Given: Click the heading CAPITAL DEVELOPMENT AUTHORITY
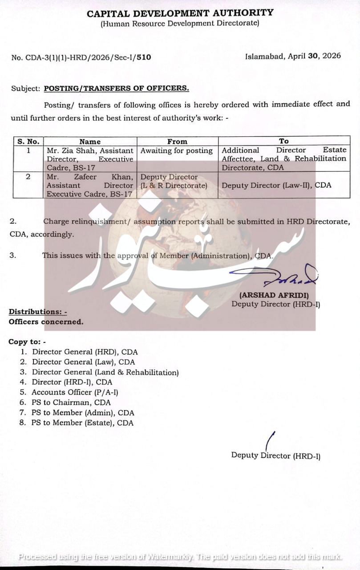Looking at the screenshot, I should click(x=180, y=13).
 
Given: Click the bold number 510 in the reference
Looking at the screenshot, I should click(x=144, y=57).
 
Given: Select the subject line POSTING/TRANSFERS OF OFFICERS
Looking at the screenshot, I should click(x=116, y=88).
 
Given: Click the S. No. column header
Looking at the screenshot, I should click(x=28, y=142).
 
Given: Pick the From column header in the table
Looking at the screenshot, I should click(x=177, y=142).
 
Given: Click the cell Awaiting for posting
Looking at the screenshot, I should click(x=177, y=151).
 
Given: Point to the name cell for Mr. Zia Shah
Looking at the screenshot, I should click(x=90, y=159).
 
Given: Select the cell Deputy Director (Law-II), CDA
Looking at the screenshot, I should click(x=276, y=185).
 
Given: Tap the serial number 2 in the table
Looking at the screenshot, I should click(x=28, y=177).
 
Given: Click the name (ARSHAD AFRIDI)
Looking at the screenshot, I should click(x=274, y=295).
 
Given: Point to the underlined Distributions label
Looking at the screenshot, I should click(x=38, y=312).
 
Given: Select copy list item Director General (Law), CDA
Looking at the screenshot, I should click(x=83, y=362).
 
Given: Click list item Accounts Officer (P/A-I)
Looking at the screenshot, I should click(x=75, y=392).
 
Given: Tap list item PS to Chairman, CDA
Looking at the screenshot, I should click(x=71, y=403).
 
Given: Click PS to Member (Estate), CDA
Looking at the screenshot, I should click(x=82, y=423).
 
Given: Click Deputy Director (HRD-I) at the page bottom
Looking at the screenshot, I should click(x=275, y=455).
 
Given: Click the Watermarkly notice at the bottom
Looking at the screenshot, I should click(x=180, y=557).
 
